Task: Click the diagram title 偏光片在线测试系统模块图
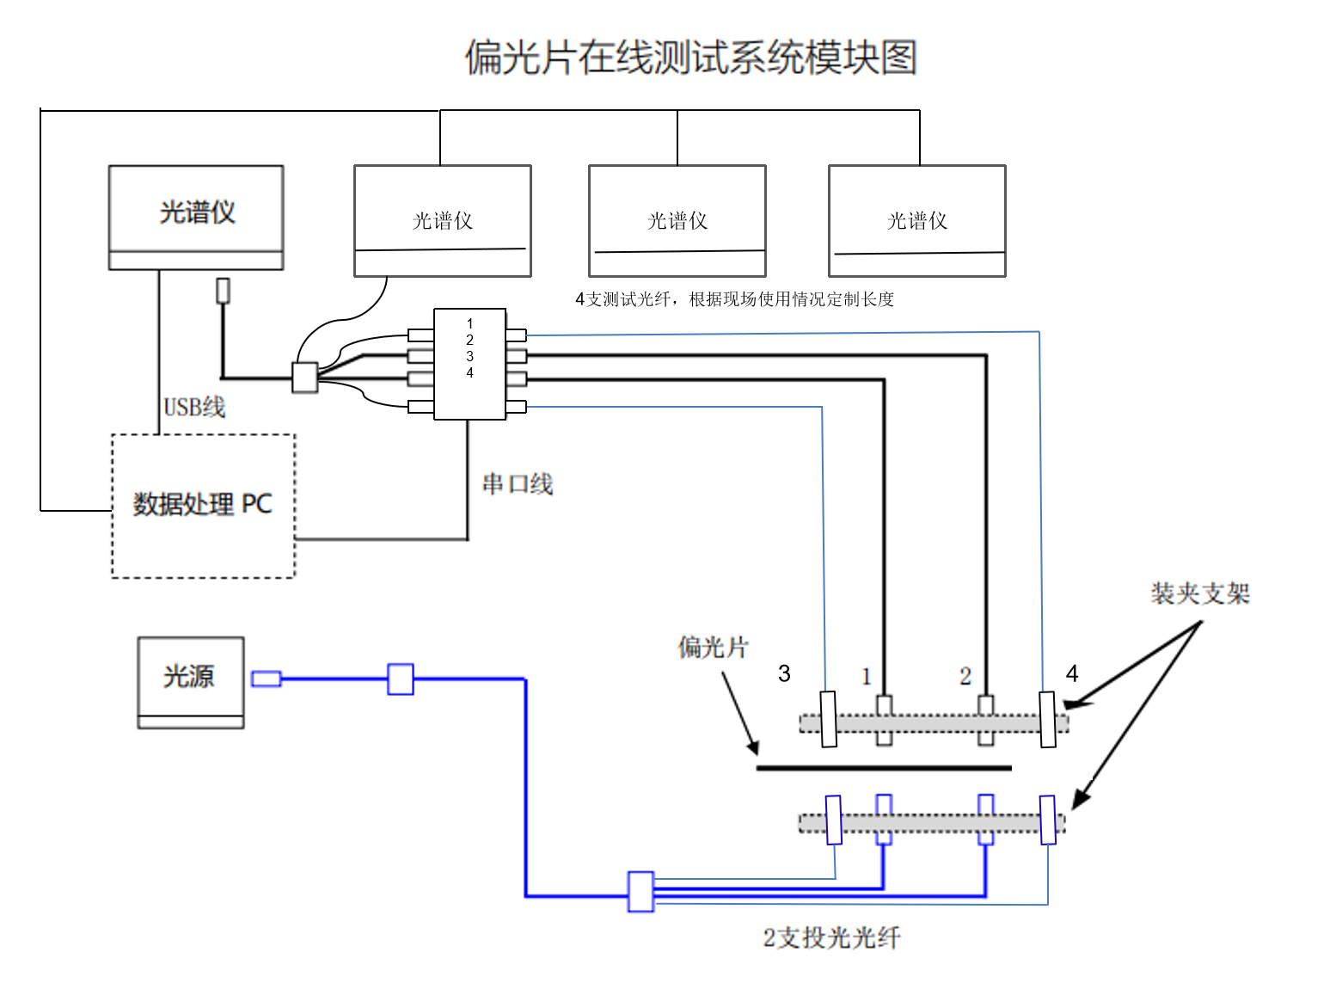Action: pyautogui.click(x=690, y=58)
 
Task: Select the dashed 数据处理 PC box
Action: pyautogui.click(x=203, y=506)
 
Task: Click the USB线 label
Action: pyautogui.click(x=194, y=407)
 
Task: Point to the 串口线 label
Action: pyautogui.click(x=518, y=484)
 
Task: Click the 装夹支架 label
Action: pyautogui.click(x=1200, y=593)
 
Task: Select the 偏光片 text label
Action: pyautogui.click(x=713, y=647)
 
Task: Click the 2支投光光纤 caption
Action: pyautogui.click(x=831, y=937)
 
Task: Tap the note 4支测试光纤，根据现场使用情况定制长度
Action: pyautogui.click(x=734, y=299)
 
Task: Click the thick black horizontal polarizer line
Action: pyautogui.click(x=884, y=768)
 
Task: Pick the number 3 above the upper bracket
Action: pyautogui.click(x=784, y=673)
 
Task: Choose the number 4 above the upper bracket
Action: pyautogui.click(x=1071, y=673)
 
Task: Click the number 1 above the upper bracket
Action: pyautogui.click(x=867, y=677)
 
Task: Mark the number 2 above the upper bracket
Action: pyautogui.click(x=965, y=677)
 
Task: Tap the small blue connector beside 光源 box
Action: pyautogui.click(x=266, y=679)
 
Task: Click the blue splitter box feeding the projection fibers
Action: pyautogui.click(x=640, y=892)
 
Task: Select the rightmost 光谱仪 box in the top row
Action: pyautogui.click(x=916, y=221)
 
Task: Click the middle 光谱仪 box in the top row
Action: pyautogui.click(x=677, y=221)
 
